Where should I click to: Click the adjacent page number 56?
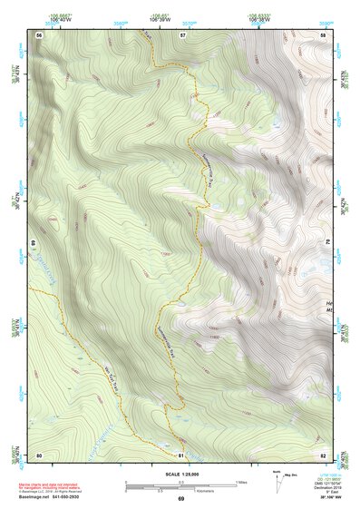point(39,34)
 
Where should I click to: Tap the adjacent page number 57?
point(181,34)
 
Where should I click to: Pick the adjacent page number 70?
point(328,243)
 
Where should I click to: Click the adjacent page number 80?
point(39,454)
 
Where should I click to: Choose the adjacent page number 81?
point(180,454)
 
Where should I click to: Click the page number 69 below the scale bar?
point(180,499)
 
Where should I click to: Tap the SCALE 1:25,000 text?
point(180,475)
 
